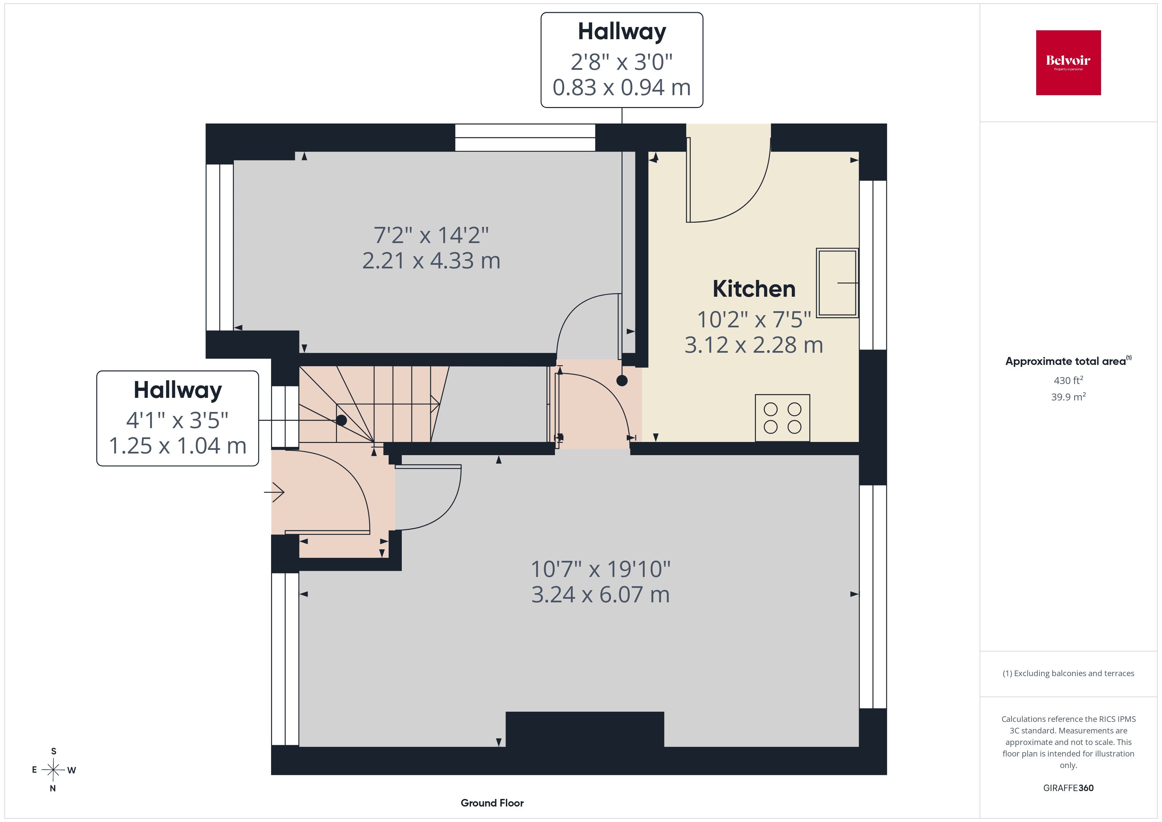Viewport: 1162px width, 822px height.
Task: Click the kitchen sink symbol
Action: pyautogui.click(x=837, y=283)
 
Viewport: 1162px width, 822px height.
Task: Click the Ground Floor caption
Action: pyautogui.click(x=492, y=803)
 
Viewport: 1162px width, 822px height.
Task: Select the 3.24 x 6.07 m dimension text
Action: pyautogui.click(x=600, y=594)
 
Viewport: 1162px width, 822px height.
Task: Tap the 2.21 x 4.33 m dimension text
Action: pyautogui.click(x=431, y=261)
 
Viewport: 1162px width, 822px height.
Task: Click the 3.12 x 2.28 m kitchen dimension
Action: pyautogui.click(x=754, y=345)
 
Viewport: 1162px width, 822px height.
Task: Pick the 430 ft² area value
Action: pyautogui.click(x=1068, y=380)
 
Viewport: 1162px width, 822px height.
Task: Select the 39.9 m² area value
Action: pyautogui.click(x=1068, y=397)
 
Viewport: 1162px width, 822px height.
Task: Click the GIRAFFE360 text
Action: pyautogui.click(x=1068, y=788)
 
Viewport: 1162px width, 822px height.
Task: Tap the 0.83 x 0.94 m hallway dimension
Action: pyautogui.click(x=622, y=88)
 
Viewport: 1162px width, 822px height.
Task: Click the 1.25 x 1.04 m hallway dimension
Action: pyautogui.click(x=178, y=446)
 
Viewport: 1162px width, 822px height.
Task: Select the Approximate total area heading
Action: pyautogui.click(x=1068, y=361)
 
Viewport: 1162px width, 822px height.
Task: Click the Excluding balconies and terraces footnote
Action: pyautogui.click(x=1068, y=673)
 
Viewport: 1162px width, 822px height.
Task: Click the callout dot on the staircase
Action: pyautogui.click(x=342, y=420)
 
